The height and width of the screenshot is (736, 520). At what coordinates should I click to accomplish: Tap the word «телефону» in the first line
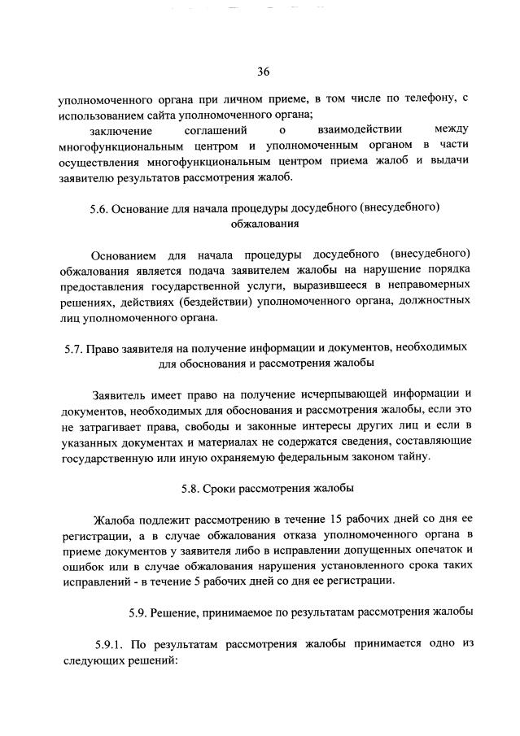click(x=427, y=99)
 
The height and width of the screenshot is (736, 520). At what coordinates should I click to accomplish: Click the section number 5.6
click(x=101, y=207)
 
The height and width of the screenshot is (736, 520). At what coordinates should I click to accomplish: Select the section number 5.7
click(x=74, y=346)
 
